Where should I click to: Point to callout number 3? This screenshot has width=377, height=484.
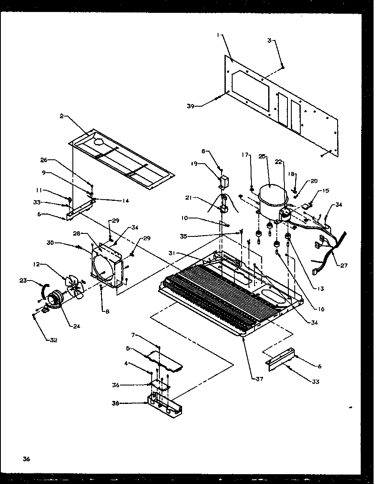coord(269,40)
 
